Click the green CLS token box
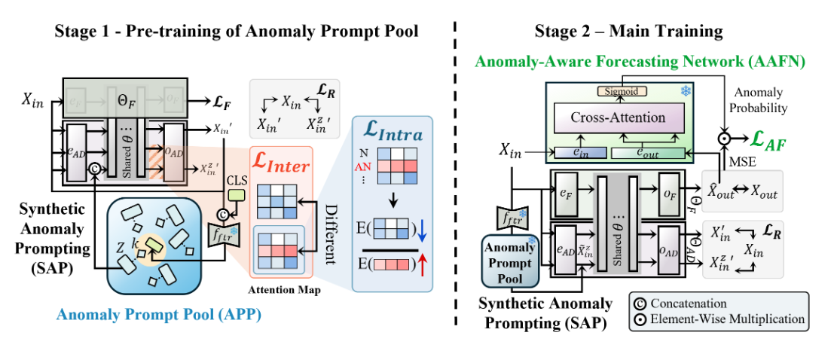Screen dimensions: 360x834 click(x=236, y=194)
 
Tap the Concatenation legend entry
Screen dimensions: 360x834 click(x=694, y=304)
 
